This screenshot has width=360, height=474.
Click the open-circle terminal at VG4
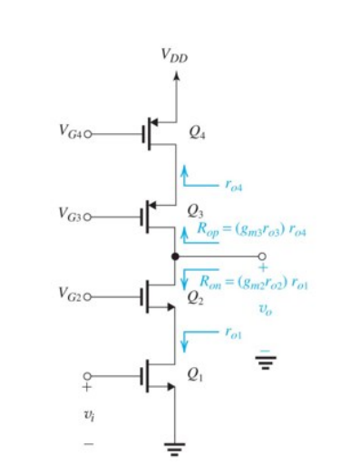[91, 133]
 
